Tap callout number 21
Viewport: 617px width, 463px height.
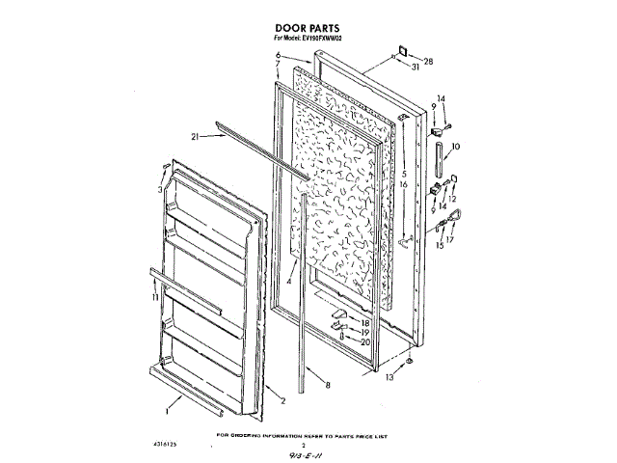click(195, 138)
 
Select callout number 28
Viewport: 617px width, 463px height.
click(429, 62)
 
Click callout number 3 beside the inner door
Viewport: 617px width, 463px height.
click(161, 190)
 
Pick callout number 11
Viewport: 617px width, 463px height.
click(154, 299)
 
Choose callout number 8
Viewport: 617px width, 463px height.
click(327, 385)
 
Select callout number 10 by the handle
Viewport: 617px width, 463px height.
click(456, 146)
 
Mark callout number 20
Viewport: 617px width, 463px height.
click(365, 341)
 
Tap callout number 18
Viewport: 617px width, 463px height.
click(365, 321)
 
